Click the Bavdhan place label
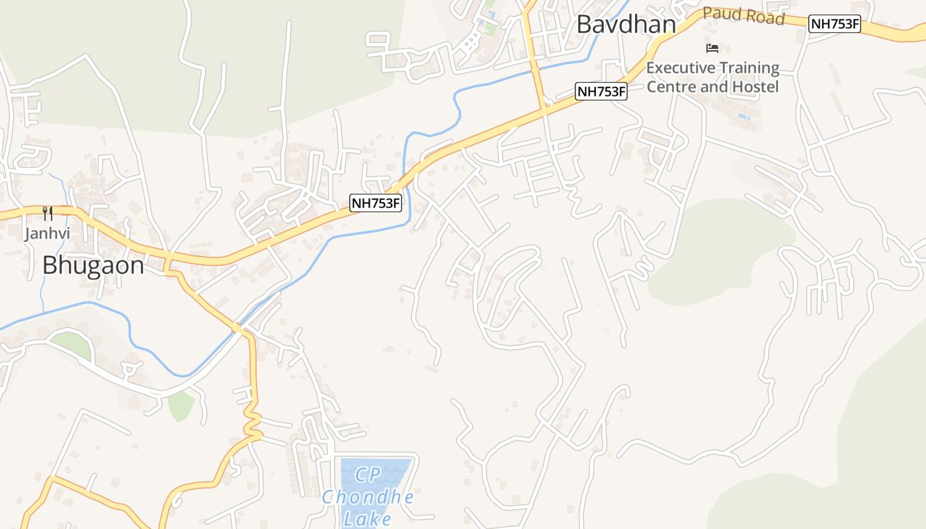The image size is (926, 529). [626, 24]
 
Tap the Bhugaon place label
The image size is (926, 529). [93, 265]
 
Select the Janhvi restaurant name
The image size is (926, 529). [47, 233]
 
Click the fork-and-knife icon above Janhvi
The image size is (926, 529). [47, 213]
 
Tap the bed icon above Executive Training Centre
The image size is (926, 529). [712, 48]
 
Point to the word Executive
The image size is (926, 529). [681, 68]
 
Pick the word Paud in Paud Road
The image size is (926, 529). [719, 13]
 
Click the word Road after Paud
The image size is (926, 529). [765, 17]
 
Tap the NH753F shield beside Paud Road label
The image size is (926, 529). [835, 24]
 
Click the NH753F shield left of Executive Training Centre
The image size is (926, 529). [601, 91]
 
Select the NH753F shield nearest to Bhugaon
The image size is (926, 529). [376, 203]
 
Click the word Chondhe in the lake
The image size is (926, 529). [368, 497]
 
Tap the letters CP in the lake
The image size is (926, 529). [368, 475]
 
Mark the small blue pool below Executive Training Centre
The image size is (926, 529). [743, 117]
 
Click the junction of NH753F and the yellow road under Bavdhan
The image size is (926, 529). [544, 108]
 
